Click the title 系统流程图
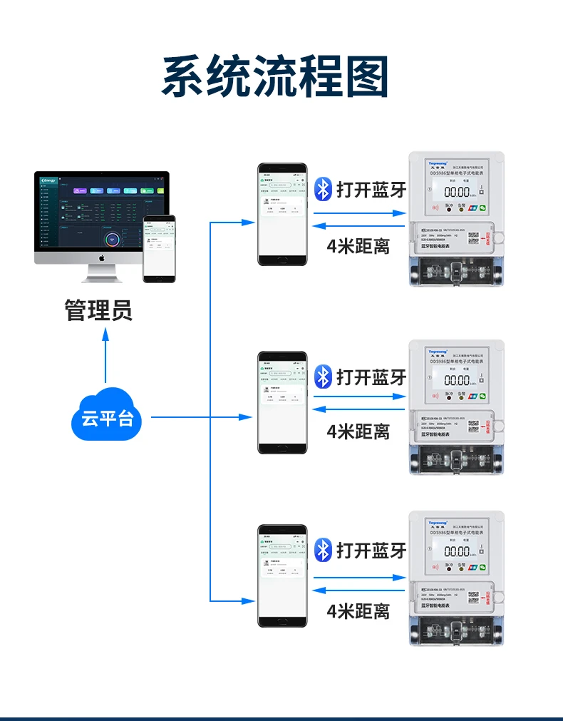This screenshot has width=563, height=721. [275, 76]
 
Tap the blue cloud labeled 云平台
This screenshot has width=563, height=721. [107, 416]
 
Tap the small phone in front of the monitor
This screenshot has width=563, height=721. [158, 248]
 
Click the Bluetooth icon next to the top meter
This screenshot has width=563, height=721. [324, 189]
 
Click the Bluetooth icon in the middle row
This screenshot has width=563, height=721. [324, 376]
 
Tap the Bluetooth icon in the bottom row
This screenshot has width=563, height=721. [324, 549]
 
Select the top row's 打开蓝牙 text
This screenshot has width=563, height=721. [371, 190]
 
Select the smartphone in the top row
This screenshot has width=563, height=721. [282, 214]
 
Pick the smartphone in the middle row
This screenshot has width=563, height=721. [282, 402]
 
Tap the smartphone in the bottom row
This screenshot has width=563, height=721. [282, 576]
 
